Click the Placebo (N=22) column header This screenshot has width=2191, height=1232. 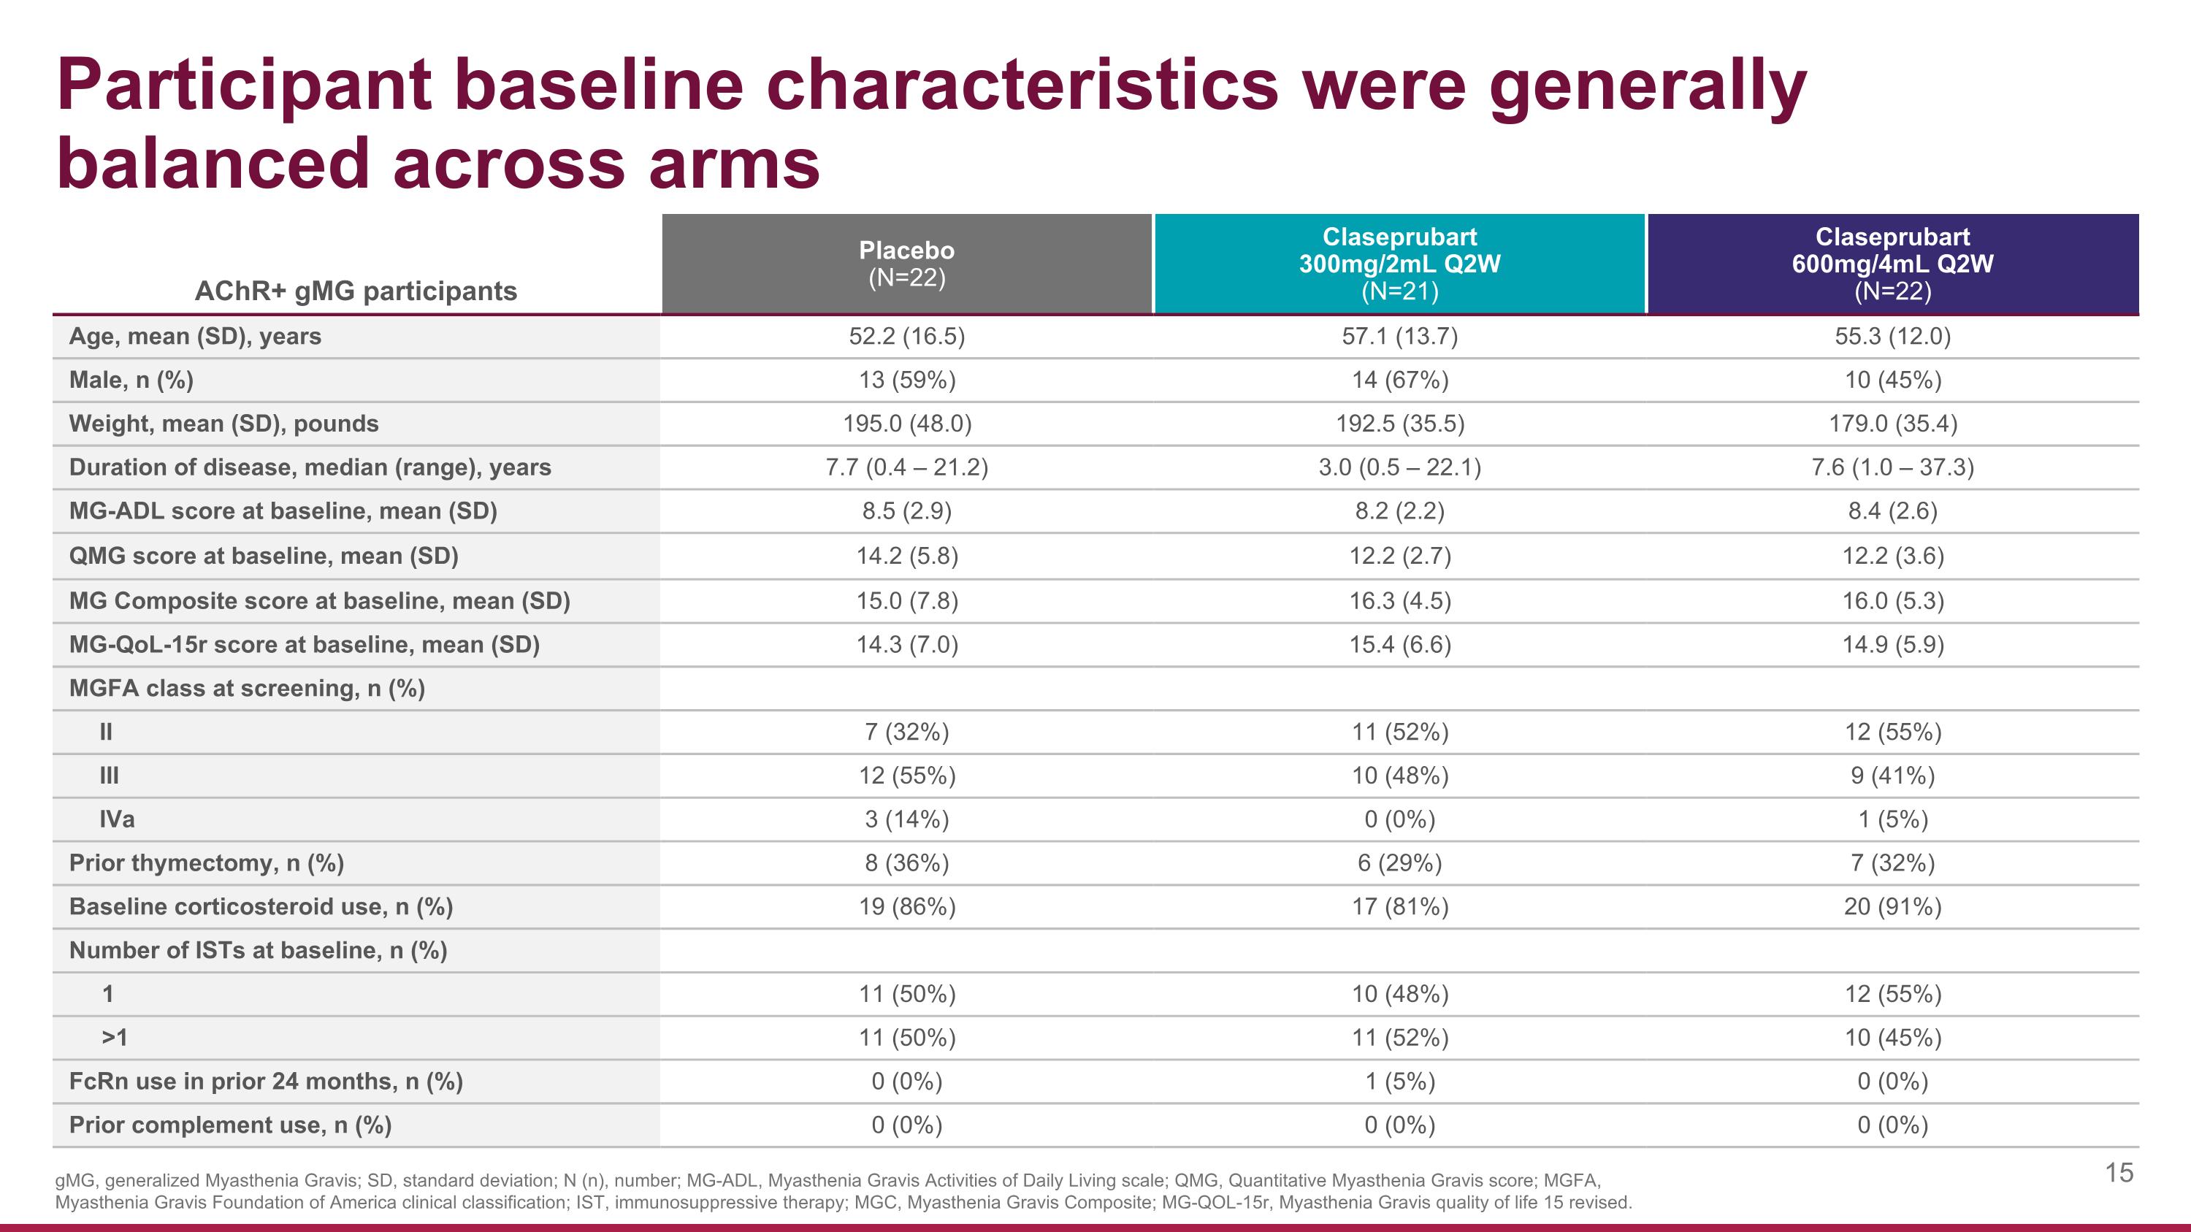[906, 264]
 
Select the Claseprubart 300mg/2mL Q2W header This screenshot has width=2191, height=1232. [1399, 264]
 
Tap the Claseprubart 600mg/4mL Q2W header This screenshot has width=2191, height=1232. [1892, 264]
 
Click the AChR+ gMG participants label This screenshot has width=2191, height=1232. [356, 291]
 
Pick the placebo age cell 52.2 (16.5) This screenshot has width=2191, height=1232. [906, 337]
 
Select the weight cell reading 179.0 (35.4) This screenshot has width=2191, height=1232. [1892, 424]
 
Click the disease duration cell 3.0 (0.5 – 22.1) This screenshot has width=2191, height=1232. [1399, 467]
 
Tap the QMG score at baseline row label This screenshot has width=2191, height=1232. [264, 556]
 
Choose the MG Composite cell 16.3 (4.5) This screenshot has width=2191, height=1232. [1399, 601]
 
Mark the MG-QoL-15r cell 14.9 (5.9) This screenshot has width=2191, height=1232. [1892, 645]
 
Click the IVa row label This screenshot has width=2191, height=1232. [117, 819]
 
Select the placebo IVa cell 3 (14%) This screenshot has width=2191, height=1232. [906, 819]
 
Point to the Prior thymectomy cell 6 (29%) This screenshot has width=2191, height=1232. [1399, 863]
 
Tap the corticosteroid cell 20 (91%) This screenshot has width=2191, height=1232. [1892, 907]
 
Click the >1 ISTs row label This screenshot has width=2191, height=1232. [114, 1038]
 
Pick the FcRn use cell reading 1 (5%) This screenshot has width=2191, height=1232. [1399, 1082]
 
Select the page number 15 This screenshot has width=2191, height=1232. [2119, 1174]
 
